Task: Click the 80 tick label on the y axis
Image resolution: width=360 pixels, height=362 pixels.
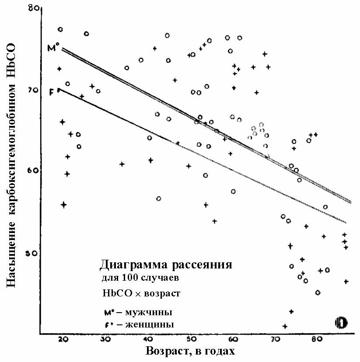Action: pos(33,8)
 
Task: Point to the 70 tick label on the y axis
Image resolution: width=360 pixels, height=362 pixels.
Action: pos(33,90)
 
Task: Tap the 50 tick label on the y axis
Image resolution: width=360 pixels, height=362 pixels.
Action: pos(31,254)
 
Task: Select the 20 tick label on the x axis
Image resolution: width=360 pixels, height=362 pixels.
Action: pos(63,339)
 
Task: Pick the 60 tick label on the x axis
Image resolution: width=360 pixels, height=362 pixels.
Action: pos(233,339)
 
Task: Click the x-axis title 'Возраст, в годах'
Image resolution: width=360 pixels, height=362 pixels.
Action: pos(190,351)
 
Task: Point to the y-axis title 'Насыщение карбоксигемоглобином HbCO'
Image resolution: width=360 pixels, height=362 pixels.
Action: pos(11,165)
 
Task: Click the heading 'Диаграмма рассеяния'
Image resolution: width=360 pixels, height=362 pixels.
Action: pos(166,265)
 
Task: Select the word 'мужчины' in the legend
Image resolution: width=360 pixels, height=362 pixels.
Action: pos(148,313)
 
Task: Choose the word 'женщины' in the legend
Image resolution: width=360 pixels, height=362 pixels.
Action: pos(150,324)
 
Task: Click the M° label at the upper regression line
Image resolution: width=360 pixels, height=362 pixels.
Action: pos(53,47)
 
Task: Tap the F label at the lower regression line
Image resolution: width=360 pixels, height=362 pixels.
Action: pos(52,92)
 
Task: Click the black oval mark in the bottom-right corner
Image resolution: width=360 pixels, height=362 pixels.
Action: pos(341,323)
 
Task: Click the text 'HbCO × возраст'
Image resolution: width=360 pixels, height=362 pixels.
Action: pos(141,293)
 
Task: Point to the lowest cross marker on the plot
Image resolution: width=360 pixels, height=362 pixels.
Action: pos(285,326)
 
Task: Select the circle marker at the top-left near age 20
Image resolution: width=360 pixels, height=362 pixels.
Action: pos(60,30)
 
